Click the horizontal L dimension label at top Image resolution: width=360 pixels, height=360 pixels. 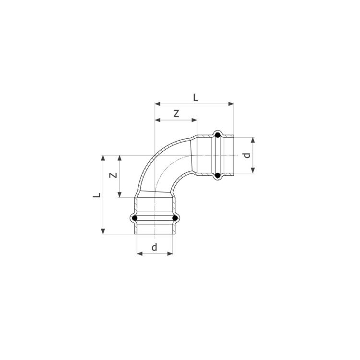[x=195, y=98]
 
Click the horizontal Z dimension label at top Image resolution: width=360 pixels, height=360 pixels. [x=176, y=114]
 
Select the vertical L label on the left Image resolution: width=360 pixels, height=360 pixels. [x=96, y=195]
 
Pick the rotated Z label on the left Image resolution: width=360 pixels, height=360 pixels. [x=113, y=175]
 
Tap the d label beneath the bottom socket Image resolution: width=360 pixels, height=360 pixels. [x=155, y=247]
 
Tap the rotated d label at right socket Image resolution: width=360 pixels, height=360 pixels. [x=247, y=156]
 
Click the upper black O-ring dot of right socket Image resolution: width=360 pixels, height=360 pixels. [x=217, y=135]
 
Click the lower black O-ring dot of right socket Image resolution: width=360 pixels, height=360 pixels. [x=217, y=176]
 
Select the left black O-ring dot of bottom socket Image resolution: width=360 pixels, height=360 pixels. [x=135, y=217]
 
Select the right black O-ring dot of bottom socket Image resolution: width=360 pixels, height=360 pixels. [x=175, y=217]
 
